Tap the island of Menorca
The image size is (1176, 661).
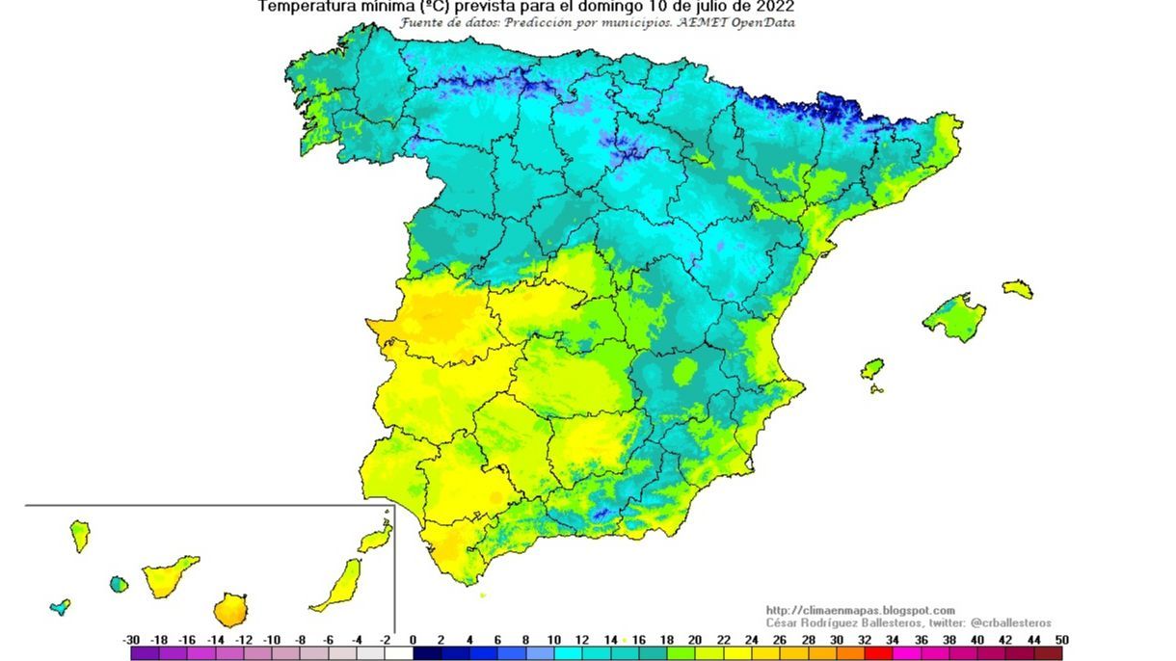click(x=1017, y=288)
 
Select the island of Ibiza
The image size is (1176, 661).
click(x=871, y=369)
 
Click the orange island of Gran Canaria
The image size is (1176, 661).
click(x=229, y=609)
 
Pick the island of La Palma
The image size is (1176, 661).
click(x=79, y=535)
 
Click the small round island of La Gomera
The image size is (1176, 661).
click(x=119, y=584)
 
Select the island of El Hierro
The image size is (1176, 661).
click(x=60, y=607)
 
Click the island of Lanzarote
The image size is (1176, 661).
click(x=376, y=538)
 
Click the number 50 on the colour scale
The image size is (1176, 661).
click(x=1061, y=640)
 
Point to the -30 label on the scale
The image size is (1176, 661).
click(x=132, y=640)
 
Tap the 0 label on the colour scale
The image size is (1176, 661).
click(x=413, y=640)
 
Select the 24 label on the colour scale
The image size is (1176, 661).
click(x=751, y=640)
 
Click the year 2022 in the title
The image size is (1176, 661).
click(x=774, y=7)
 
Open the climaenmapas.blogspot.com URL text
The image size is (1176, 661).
click(x=860, y=610)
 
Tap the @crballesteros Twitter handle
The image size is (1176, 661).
click(x=1010, y=623)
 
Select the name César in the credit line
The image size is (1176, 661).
click(x=784, y=623)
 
